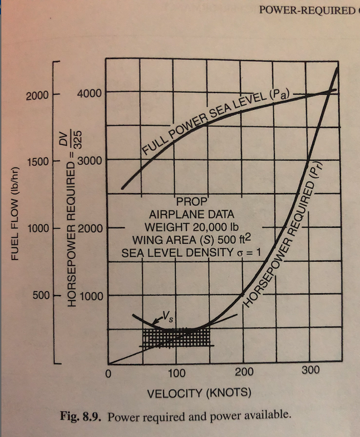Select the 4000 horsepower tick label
pyautogui.click(x=89, y=93)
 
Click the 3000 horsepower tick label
pyautogui.click(x=89, y=161)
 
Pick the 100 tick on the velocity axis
pyautogui.click(x=176, y=372)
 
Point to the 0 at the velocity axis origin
pyautogui.click(x=110, y=374)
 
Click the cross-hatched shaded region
pyautogui.click(x=174, y=338)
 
